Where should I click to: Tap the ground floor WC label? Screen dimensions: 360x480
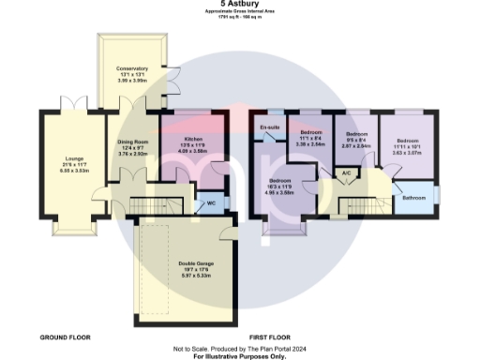tap(211, 202)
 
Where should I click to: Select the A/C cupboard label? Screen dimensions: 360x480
tap(346, 173)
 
